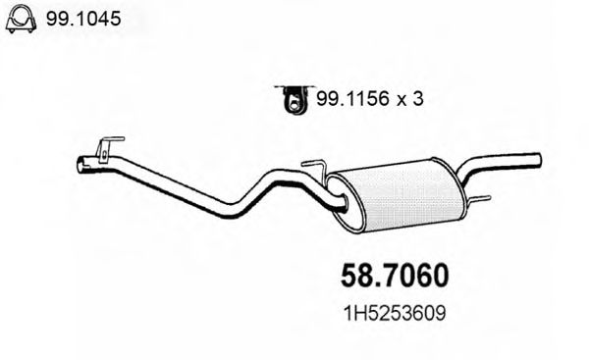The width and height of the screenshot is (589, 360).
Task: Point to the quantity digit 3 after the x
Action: point(420,98)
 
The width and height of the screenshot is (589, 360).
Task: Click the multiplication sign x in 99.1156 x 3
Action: point(402,99)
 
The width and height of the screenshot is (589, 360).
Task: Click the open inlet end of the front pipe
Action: point(81,166)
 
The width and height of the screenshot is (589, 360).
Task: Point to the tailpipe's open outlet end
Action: point(537,159)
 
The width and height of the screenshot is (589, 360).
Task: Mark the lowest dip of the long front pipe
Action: point(234,210)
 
